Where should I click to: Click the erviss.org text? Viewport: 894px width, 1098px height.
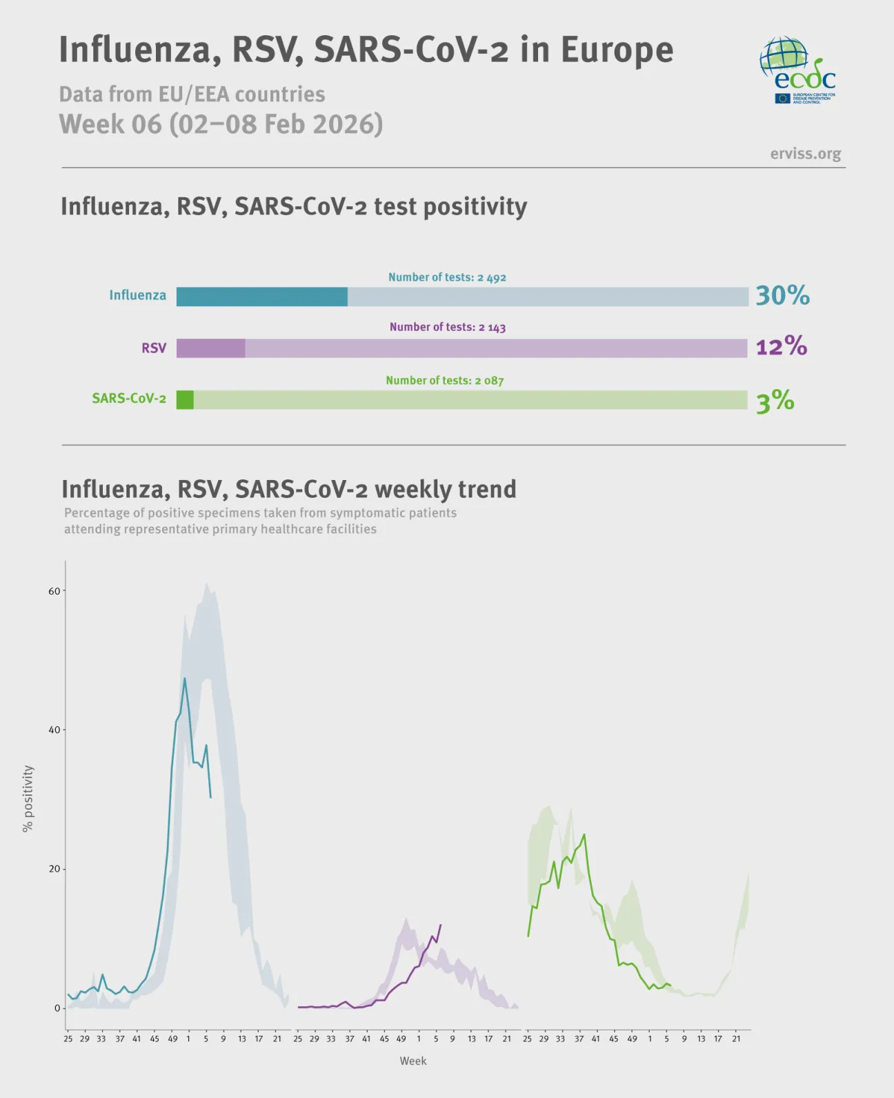tap(805, 153)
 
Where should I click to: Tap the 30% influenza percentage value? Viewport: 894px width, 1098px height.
tap(782, 295)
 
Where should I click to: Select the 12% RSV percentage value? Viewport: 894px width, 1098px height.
tap(781, 346)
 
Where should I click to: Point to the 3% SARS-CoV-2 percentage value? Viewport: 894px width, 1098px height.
tap(775, 401)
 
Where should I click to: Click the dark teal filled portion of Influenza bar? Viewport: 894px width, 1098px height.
tap(262, 297)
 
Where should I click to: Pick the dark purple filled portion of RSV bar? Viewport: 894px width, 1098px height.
tap(210, 348)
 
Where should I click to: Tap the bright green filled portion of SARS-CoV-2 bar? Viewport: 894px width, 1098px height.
tap(185, 400)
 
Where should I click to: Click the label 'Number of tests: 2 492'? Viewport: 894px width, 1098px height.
tap(447, 277)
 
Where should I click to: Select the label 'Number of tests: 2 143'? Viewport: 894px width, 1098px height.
tap(447, 327)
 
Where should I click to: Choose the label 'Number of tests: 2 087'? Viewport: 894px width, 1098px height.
tap(444, 380)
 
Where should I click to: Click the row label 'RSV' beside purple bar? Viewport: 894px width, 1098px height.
tap(154, 348)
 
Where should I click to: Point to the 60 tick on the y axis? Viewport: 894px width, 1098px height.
tap(54, 591)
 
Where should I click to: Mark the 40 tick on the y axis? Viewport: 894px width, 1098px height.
tap(54, 730)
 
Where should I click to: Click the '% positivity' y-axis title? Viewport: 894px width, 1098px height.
tap(28, 798)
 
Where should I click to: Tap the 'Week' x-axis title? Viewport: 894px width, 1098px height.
tap(413, 1061)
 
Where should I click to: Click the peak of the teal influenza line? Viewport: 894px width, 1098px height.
tap(184, 679)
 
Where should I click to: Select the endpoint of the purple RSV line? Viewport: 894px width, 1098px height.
tap(440, 925)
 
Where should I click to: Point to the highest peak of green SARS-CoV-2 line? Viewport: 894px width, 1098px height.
tap(584, 835)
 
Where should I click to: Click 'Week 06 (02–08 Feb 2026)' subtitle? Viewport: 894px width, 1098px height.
tap(221, 124)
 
